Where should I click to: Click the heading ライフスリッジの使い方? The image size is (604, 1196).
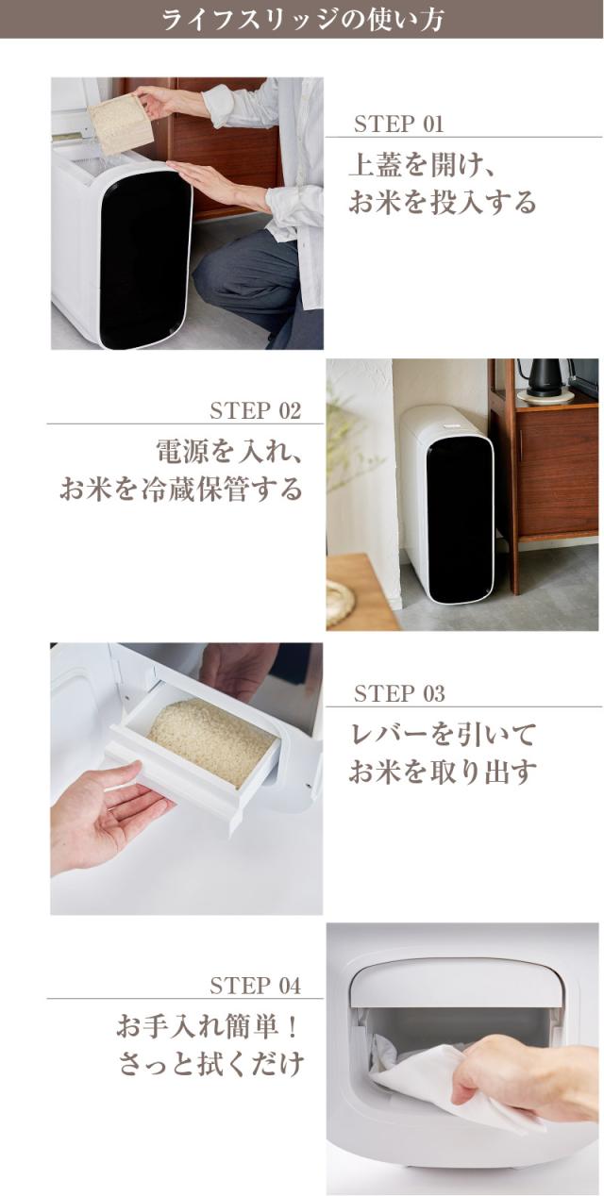coord(302,19)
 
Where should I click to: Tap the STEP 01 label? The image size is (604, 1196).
coord(397,125)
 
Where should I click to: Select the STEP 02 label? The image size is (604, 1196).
coord(255,410)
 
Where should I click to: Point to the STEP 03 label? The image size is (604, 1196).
coord(398,694)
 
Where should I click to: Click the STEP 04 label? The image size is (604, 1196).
coord(255,987)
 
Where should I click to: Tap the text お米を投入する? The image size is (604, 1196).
coord(442,203)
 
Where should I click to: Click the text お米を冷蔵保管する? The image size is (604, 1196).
coord(181,490)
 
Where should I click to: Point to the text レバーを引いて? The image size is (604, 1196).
coord(442,734)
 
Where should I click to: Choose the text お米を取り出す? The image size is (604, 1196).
coord(442,772)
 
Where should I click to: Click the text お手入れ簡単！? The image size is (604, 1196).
coord(209,1025)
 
